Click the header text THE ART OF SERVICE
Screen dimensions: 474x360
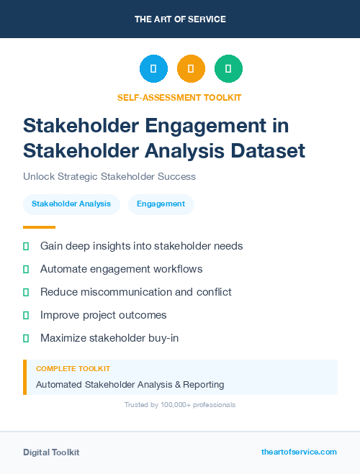click(x=180, y=19)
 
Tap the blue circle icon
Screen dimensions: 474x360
click(x=153, y=69)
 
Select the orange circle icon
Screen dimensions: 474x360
click(x=191, y=69)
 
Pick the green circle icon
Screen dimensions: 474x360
click(x=228, y=69)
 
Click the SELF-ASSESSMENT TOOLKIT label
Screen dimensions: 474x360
click(x=179, y=97)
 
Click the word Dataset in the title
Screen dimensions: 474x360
click(x=267, y=151)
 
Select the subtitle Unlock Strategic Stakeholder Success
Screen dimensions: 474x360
click(x=109, y=176)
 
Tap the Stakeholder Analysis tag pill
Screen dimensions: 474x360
click(x=71, y=204)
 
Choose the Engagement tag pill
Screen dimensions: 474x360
click(x=161, y=204)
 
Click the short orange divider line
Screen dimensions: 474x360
click(x=39, y=227)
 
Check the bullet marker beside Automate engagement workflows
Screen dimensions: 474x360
click(x=26, y=269)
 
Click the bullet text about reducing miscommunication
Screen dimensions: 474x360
click(x=136, y=292)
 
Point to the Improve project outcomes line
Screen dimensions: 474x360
click(x=104, y=315)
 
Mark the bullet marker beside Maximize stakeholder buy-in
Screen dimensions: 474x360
click(x=26, y=337)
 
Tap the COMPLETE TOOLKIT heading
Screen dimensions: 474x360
click(x=73, y=368)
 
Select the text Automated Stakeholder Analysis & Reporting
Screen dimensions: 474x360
click(x=130, y=385)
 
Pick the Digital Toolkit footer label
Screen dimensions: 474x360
click(x=51, y=452)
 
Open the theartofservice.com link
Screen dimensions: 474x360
click(x=299, y=452)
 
